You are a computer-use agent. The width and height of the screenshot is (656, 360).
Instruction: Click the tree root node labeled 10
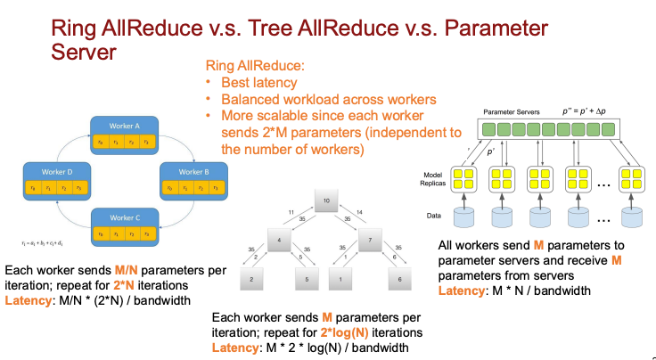click(x=328, y=201)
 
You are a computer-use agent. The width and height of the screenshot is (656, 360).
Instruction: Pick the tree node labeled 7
click(x=369, y=240)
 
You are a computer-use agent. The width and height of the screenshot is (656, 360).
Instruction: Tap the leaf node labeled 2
click(x=253, y=281)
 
